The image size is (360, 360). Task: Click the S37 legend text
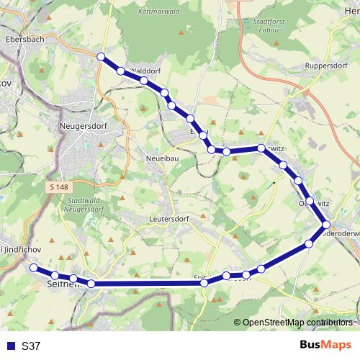32,346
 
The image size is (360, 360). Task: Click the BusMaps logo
325,346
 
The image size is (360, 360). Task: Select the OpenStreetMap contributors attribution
297,323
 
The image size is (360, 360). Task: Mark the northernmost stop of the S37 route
102,57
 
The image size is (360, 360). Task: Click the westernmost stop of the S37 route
33,267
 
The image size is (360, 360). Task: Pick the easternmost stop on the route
326,225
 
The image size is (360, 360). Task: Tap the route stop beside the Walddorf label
120,71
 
